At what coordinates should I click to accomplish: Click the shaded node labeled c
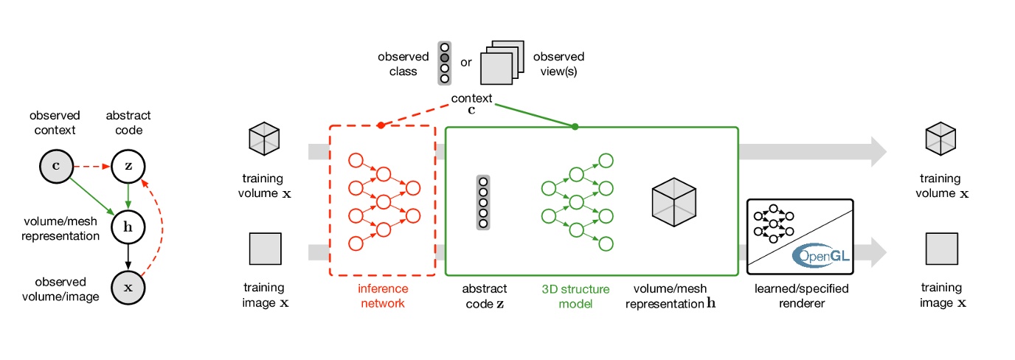(55, 166)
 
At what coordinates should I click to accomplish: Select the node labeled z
(128, 166)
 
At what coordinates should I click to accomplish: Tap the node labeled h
(128, 226)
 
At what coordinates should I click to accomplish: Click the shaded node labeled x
(128, 287)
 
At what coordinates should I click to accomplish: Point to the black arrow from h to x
(128, 257)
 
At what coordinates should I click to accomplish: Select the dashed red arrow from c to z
(91, 166)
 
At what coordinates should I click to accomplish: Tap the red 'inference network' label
(382, 296)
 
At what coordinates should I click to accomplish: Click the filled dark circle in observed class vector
(444, 57)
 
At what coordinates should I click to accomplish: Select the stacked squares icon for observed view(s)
(502, 63)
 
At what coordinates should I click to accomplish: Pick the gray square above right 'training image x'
(941, 249)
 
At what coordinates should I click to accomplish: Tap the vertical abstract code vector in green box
(483, 202)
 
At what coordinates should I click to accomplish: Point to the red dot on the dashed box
(381, 126)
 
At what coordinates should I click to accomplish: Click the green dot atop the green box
(575, 127)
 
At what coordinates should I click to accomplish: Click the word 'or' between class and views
(466, 63)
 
